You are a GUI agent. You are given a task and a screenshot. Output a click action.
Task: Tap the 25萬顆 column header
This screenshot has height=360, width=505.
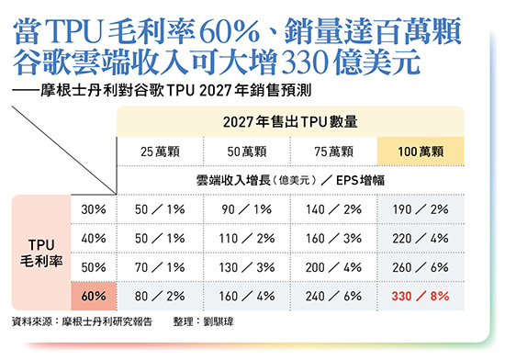160,150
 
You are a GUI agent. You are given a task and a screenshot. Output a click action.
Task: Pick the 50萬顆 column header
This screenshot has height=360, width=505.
247,150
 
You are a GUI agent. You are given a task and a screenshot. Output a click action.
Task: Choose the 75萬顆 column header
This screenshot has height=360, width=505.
334,150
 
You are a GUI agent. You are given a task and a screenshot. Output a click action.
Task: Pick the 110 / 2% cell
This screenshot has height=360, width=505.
247,239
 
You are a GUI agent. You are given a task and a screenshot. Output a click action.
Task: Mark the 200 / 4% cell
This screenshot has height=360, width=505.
334,268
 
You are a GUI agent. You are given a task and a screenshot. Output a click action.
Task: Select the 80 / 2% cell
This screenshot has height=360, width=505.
160,298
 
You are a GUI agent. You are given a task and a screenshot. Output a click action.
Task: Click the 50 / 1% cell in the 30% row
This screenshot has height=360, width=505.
160,209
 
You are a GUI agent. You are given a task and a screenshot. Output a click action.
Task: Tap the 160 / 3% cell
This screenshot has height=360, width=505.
334,239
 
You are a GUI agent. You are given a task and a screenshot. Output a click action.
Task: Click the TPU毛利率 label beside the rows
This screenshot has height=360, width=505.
42,253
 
